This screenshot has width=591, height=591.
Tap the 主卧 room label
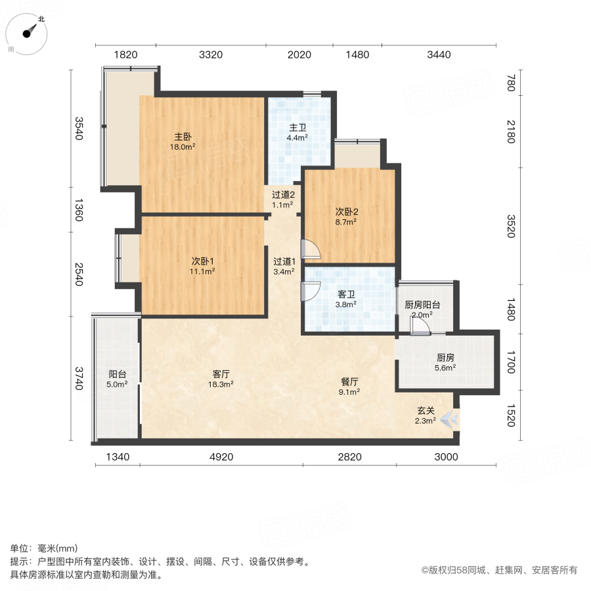click(183, 137)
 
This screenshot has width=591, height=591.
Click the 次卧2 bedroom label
click(346, 212)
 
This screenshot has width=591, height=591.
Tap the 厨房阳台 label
click(422, 305)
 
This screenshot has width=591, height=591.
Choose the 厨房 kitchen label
click(445, 358)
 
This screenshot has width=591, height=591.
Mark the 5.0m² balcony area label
click(118, 385)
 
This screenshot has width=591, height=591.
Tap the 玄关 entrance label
click(425, 410)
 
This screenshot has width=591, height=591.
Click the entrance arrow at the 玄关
click(450, 418)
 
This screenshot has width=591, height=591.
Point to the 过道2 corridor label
click(284, 194)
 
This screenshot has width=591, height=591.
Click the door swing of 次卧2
click(310, 250)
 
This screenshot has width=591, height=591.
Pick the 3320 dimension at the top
click(211, 55)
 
